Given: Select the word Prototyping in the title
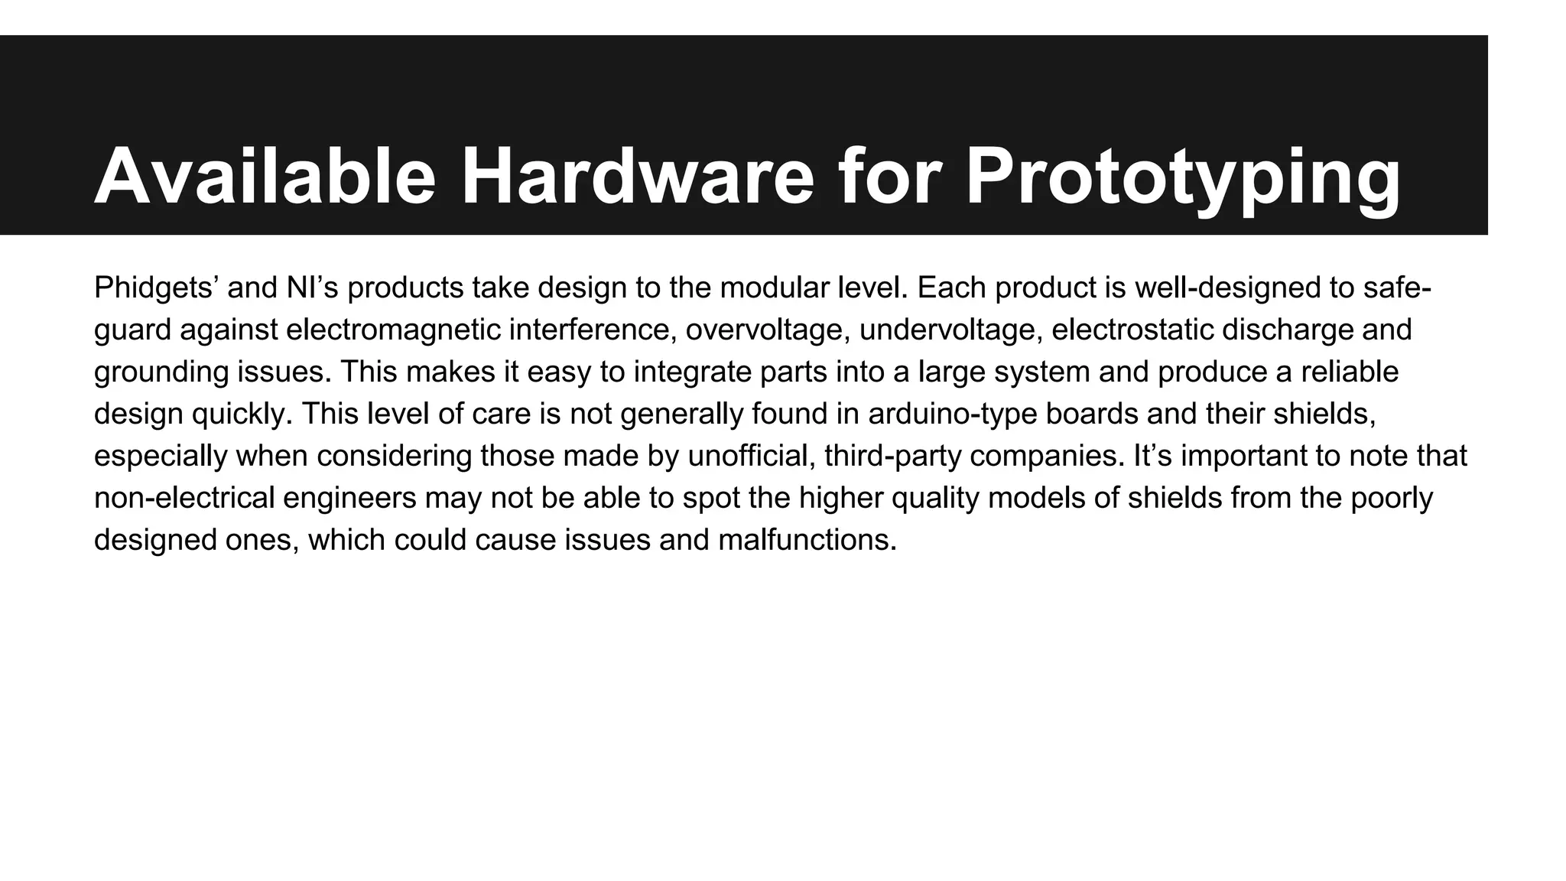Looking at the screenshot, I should tap(1183, 177).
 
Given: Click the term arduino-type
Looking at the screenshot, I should tap(951, 414).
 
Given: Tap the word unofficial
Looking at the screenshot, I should tap(751, 457).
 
